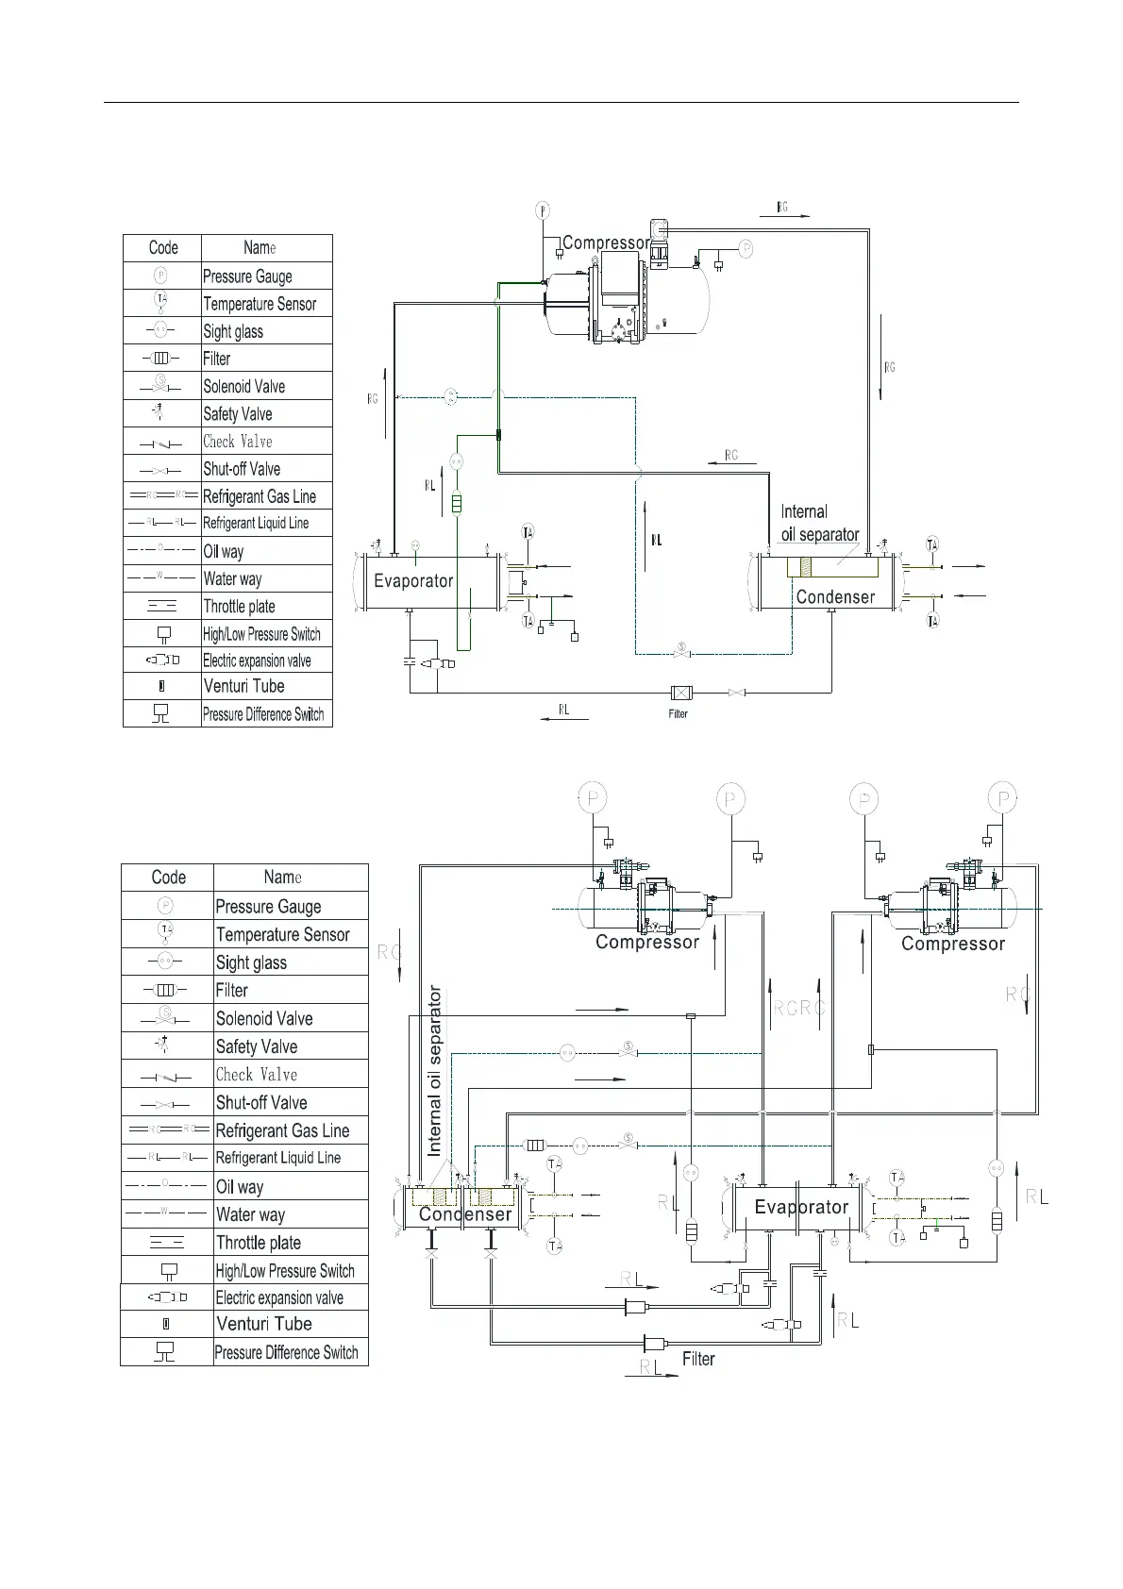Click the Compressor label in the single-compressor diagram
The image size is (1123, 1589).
pos(606,243)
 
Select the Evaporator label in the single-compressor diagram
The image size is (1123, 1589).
pos(413,580)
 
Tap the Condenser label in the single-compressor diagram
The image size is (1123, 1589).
pos(835,596)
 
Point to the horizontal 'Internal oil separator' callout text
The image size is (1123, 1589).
pos(819,523)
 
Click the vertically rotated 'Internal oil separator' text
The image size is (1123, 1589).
pos(435,1071)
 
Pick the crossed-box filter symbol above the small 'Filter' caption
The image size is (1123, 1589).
pos(679,694)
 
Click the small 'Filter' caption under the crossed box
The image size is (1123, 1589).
pos(679,714)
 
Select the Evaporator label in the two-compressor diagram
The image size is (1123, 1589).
pos(801,1207)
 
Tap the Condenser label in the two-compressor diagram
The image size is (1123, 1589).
pos(465,1214)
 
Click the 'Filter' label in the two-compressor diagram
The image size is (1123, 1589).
pos(698,1359)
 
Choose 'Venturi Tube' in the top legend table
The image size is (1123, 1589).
pos(243,686)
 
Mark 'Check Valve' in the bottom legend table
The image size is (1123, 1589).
pos(257,1075)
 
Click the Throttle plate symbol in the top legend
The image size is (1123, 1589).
pos(162,607)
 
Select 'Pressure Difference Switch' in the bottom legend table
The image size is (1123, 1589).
pos(286,1352)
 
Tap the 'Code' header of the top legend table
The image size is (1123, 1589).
pos(163,247)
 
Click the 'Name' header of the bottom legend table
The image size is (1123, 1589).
pos(283,878)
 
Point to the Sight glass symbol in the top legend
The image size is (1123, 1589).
pos(161,330)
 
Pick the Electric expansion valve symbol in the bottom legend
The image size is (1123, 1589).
pos(167,1297)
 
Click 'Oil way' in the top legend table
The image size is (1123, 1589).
pos(224,551)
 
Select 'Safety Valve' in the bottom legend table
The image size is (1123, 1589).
pos(257,1046)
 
